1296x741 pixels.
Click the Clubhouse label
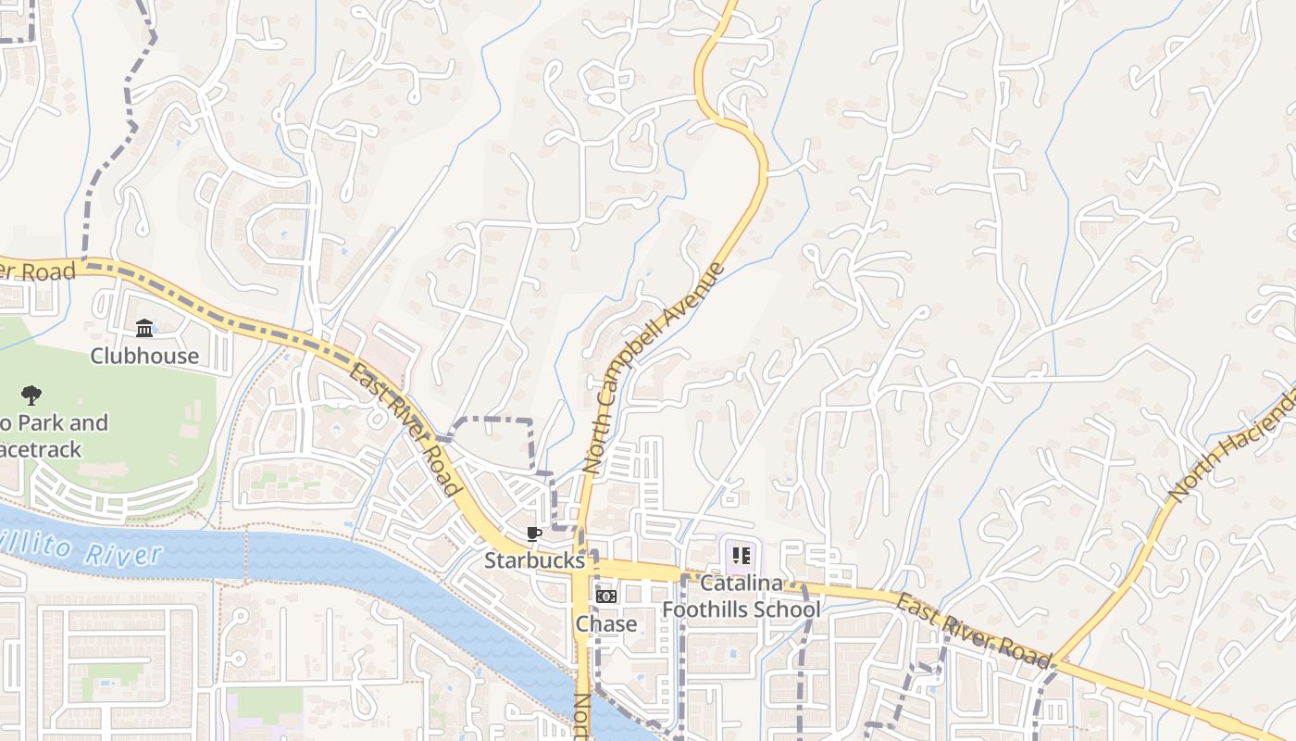tap(144, 356)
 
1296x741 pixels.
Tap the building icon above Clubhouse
tap(144, 329)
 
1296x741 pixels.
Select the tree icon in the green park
tap(31, 396)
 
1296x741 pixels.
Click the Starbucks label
tap(534, 560)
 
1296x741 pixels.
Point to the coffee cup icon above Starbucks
tap(533, 534)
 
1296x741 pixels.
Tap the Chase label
tap(606, 623)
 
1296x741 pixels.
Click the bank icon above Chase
tap(606, 597)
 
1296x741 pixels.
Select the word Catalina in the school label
tap(741, 584)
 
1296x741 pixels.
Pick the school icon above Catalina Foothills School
tap(741, 556)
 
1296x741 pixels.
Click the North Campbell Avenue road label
tap(652, 369)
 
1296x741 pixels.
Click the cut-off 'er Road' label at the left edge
tap(37, 271)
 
